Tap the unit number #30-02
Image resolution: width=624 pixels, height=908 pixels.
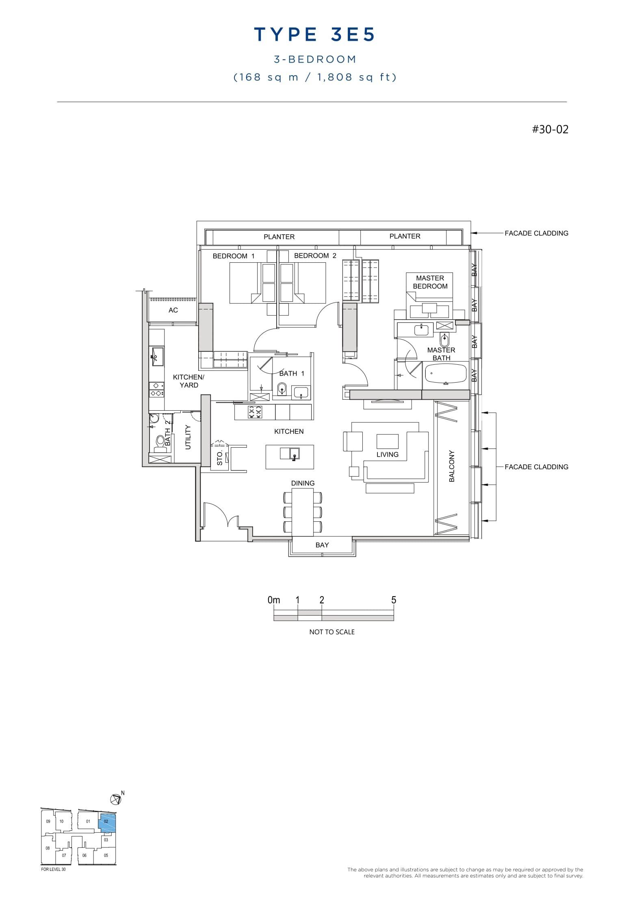[x=550, y=129]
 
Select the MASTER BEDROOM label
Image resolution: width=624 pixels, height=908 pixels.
[x=430, y=282]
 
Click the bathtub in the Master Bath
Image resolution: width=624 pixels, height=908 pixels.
[x=446, y=374]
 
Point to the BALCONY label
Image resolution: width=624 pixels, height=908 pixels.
[x=452, y=466]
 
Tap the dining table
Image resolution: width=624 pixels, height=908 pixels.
[x=303, y=512]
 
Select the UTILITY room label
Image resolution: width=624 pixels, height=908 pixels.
[x=188, y=437]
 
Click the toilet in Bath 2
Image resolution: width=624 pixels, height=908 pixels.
[x=160, y=442]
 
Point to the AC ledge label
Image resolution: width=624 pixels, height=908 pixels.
[x=173, y=310]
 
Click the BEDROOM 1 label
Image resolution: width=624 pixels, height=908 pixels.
[x=234, y=256]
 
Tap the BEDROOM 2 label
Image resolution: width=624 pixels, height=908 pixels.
[x=315, y=256]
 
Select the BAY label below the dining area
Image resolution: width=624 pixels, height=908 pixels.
[x=322, y=545]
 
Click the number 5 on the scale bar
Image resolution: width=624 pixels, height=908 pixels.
[x=393, y=600]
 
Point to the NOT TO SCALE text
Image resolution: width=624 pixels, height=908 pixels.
[x=332, y=632]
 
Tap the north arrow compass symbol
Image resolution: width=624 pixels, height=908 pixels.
[x=116, y=799]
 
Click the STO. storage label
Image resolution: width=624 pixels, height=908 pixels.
[x=220, y=458]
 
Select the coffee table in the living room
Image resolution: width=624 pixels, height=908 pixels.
[x=387, y=441]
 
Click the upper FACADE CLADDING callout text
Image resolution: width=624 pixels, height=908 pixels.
[x=536, y=233]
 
